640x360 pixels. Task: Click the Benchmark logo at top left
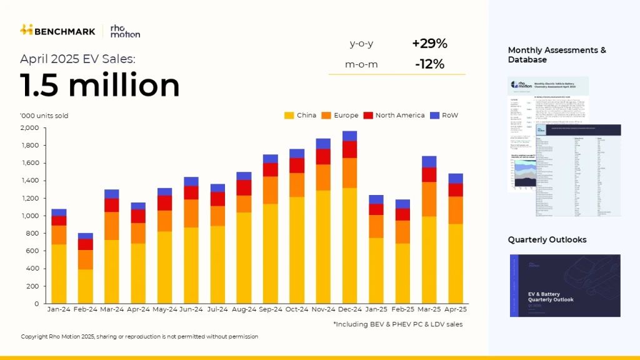click(x=57, y=30)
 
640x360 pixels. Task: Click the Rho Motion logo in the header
click(x=124, y=31)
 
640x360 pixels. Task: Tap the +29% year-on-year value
click(x=429, y=44)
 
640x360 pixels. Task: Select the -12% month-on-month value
click(x=429, y=64)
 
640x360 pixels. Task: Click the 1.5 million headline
click(x=100, y=85)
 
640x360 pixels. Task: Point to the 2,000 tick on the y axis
click(x=29, y=128)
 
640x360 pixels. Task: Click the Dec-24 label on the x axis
click(x=349, y=309)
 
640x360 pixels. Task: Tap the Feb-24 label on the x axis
click(x=85, y=309)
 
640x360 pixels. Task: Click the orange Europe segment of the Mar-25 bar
click(x=429, y=199)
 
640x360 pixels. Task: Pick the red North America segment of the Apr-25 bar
click(x=456, y=190)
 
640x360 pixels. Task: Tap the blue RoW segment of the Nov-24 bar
click(x=323, y=144)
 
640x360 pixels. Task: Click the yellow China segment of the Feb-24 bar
click(x=85, y=286)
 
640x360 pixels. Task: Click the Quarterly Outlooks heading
click(x=547, y=240)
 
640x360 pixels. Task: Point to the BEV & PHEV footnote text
click(x=398, y=324)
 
